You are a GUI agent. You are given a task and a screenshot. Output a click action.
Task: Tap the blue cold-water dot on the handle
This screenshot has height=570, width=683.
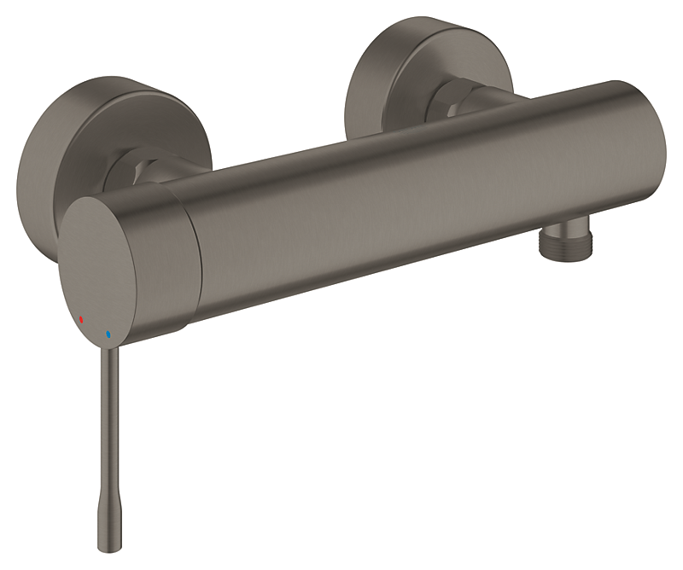(108, 334)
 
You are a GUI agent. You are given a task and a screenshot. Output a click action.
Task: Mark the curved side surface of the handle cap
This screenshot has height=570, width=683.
(166, 256)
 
